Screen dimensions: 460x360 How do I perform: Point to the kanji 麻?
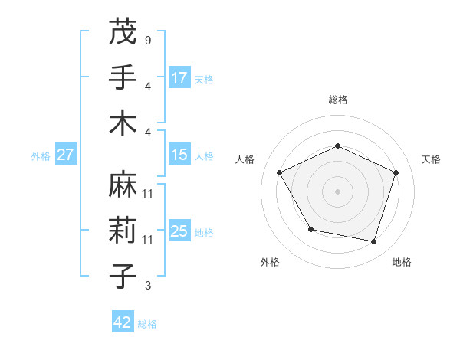[123, 184]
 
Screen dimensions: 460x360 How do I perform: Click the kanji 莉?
[123, 230]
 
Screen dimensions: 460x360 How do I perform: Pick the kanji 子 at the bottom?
[123, 277]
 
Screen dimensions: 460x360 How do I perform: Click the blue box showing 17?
[179, 77]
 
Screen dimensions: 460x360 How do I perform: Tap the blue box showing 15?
[179, 155]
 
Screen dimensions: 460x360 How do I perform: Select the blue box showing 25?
[179, 231]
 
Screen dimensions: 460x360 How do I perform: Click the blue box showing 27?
[65, 155]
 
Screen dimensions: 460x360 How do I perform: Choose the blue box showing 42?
[123, 322]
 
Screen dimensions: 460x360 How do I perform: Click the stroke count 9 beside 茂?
[147, 39]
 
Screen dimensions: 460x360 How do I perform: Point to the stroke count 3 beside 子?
[147, 286]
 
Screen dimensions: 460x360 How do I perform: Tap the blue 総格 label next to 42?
[147, 324]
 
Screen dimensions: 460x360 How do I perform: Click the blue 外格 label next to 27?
[41, 156]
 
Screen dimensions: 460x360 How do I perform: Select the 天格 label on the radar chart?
[431, 159]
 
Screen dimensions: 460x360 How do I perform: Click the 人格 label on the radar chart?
[245, 159]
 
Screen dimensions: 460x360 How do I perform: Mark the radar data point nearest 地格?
[374, 242]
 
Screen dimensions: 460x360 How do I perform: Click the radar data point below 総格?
[338, 146]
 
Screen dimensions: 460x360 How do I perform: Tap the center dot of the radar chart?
[338, 191]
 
